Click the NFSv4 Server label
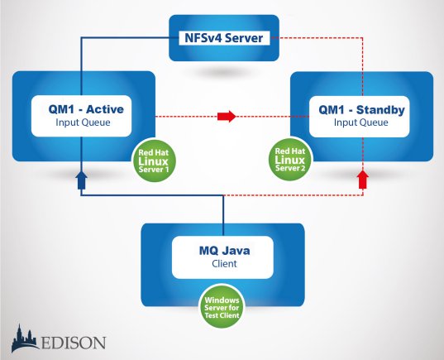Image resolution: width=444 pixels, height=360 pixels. (x=224, y=38)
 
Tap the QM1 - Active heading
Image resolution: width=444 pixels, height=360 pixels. (x=86, y=109)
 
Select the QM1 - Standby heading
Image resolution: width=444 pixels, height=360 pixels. (x=361, y=110)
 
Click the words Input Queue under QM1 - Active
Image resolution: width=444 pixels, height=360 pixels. (x=83, y=122)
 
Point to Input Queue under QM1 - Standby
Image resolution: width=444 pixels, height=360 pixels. (x=361, y=122)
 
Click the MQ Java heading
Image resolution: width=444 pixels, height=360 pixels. (x=225, y=251)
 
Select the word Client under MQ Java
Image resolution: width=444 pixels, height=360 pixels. (x=224, y=264)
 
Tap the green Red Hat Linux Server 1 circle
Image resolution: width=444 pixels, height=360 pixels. (x=154, y=161)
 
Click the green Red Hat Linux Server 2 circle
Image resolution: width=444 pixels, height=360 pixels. (x=290, y=159)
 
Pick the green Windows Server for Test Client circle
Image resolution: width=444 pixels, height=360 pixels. (x=222, y=307)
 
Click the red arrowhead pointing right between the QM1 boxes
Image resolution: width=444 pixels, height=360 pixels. (x=227, y=116)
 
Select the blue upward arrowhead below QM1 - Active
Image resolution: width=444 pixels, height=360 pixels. (x=81, y=180)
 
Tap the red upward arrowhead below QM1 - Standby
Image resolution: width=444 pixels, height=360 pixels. (x=363, y=180)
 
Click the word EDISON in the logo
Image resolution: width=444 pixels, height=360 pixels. (x=74, y=343)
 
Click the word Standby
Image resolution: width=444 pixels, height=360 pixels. (x=380, y=110)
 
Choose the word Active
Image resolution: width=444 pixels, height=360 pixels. (x=105, y=109)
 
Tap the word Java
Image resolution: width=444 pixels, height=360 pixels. (x=236, y=251)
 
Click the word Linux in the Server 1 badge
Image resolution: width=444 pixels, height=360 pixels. (x=153, y=161)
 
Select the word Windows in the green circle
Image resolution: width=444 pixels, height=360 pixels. (x=222, y=300)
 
